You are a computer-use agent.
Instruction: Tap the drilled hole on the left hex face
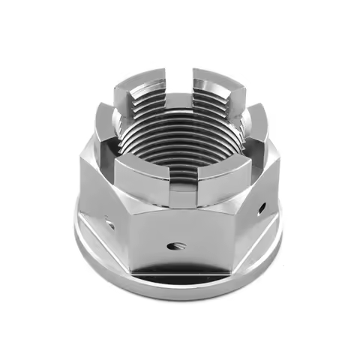(x=109, y=222)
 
